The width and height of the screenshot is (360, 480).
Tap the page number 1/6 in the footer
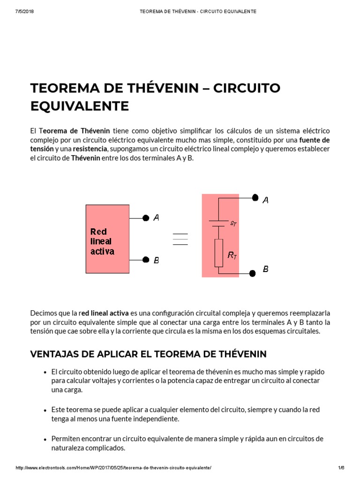341,468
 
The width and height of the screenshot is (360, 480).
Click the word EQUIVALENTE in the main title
79,106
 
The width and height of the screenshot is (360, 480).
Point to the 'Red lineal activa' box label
102,241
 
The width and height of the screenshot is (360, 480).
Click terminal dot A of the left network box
146,218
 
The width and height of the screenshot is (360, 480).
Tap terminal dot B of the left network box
146,260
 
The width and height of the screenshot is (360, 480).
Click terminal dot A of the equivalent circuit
255,198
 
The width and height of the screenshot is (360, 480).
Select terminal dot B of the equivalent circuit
252,273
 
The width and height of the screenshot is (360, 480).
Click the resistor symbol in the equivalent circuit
219,253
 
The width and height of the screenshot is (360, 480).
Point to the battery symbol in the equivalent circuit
217,223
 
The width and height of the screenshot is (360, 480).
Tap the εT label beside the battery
233,224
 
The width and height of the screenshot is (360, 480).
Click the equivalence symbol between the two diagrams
180,239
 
